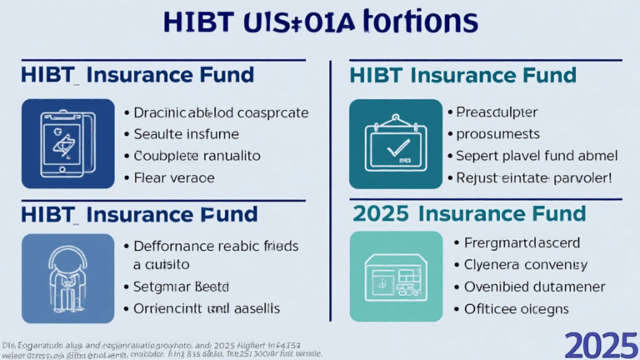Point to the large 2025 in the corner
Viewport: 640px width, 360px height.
(600, 342)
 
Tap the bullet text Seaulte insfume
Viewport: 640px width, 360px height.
(187, 133)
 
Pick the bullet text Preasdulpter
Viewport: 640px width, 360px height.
(497, 111)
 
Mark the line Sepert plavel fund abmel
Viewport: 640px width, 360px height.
(537, 155)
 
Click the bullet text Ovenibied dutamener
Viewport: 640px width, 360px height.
(532, 287)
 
